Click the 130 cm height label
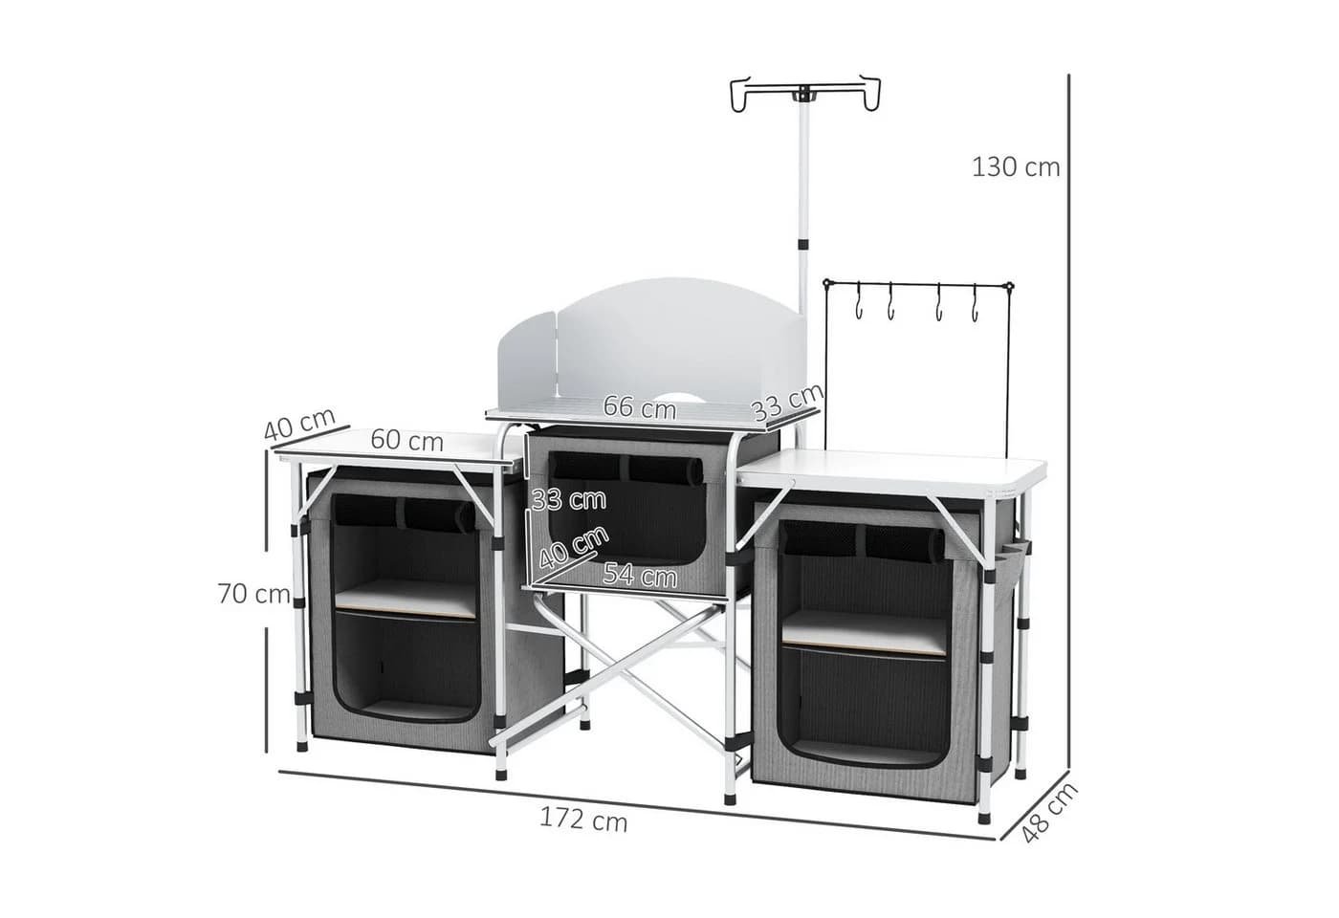1016,167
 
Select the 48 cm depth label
1050,813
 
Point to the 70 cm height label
254,594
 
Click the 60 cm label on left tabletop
407,441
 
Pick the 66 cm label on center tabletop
640,407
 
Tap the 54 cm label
640,575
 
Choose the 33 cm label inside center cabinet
568,499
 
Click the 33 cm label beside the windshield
787,403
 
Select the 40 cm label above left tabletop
299,424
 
